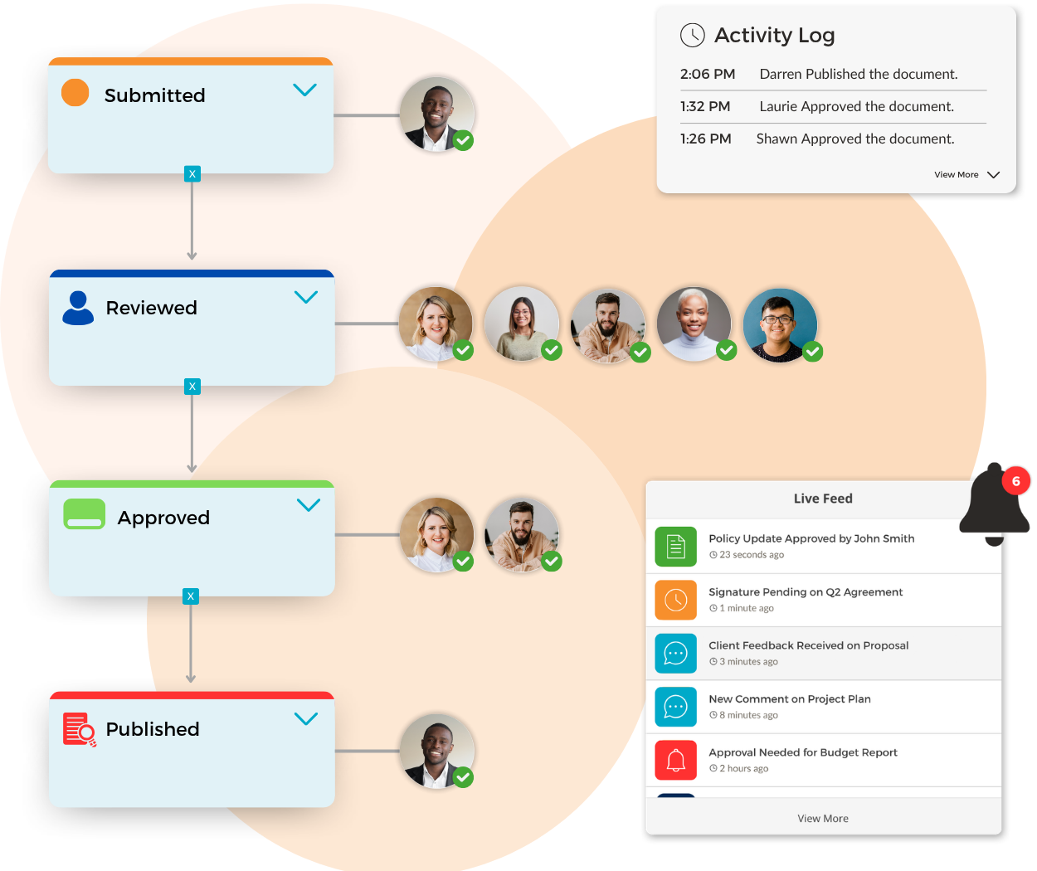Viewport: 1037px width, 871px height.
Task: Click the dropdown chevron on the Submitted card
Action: (x=304, y=90)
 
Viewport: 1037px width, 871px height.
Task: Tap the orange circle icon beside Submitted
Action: (x=75, y=92)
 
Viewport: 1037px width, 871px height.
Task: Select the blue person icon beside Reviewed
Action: (x=78, y=308)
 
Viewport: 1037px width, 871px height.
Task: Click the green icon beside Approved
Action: (x=84, y=514)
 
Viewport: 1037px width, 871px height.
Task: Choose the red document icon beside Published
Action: (x=79, y=729)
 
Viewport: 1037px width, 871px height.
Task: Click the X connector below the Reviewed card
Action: (x=192, y=387)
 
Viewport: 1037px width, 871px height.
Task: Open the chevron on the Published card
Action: (x=306, y=718)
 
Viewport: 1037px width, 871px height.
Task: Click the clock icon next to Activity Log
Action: (x=693, y=36)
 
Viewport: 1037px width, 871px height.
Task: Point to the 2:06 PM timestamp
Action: (x=707, y=74)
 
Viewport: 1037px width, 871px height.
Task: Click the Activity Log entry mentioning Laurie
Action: (x=857, y=106)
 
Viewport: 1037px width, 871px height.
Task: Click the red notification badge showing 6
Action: (x=1015, y=480)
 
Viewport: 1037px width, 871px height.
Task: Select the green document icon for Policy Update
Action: (x=675, y=546)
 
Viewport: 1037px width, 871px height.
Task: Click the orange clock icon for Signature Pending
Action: (x=675, y=600)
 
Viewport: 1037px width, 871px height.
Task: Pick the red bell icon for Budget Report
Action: (x=675, y=761)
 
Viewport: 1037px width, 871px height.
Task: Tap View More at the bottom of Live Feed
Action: (x=822, y=819)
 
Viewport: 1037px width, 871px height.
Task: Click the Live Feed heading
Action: (x=822, y=499)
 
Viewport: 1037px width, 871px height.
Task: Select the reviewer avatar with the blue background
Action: (x=780, y=325)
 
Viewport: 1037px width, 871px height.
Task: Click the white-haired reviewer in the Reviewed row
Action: (x=694, y=324)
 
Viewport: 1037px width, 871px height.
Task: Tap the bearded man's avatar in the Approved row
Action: (x=522, y=535)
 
